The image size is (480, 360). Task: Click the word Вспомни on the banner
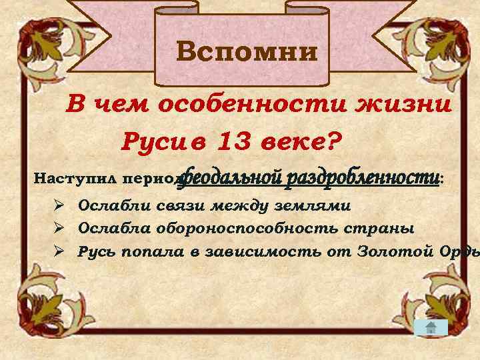click(x=247, y=51)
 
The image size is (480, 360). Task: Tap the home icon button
click(x=431, y=327)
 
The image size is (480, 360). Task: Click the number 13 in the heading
click(x=229, y=141)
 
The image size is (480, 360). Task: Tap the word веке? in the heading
click(x=298, y=141)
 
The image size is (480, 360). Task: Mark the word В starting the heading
click(x=77, y=105)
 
